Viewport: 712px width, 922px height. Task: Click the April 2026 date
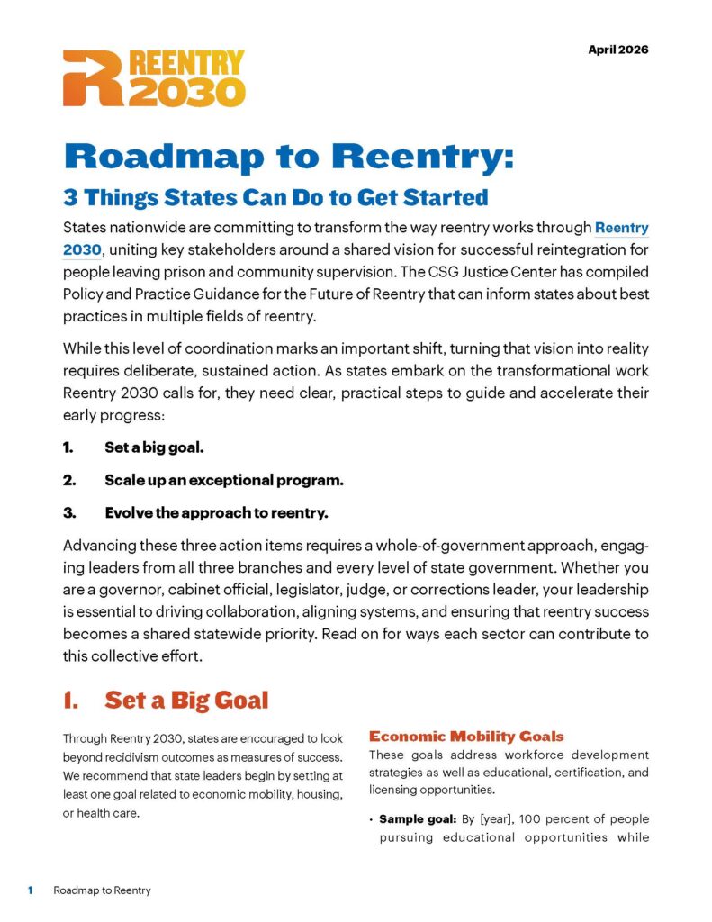[x=617, y=50]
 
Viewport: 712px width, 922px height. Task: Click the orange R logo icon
[x=91, y=78]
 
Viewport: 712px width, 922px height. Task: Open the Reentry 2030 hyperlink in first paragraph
[x=621, y=229]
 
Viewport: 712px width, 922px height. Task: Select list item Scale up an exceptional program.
[x=224, y=480]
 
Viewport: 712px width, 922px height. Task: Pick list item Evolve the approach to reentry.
[x=216, y=513]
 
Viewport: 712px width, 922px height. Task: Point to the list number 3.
[x=69, y=513]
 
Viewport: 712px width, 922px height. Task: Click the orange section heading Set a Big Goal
[x=186, y=700]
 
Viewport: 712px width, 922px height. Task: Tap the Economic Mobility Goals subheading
[x=466, y=737]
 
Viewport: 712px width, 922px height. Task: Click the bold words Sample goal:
[x=418, y=819]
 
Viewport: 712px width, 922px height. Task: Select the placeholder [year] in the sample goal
[x=501, y=819]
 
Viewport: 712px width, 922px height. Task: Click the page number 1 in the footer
[x=30, y=890]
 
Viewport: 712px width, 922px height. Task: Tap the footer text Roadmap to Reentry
[x=102, y=890]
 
